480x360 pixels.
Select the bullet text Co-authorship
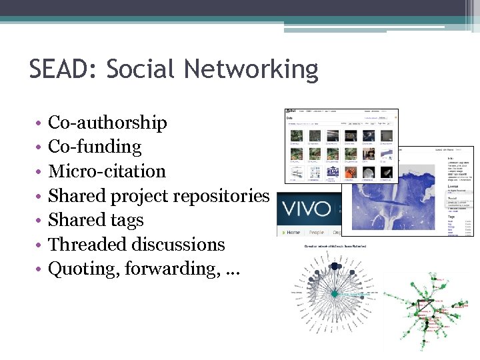click(107, 123)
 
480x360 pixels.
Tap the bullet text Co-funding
click(95, 147)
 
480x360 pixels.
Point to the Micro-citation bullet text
click(107, 171)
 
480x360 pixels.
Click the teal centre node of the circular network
click(334, 294)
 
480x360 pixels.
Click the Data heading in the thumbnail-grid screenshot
click(289, 117)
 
